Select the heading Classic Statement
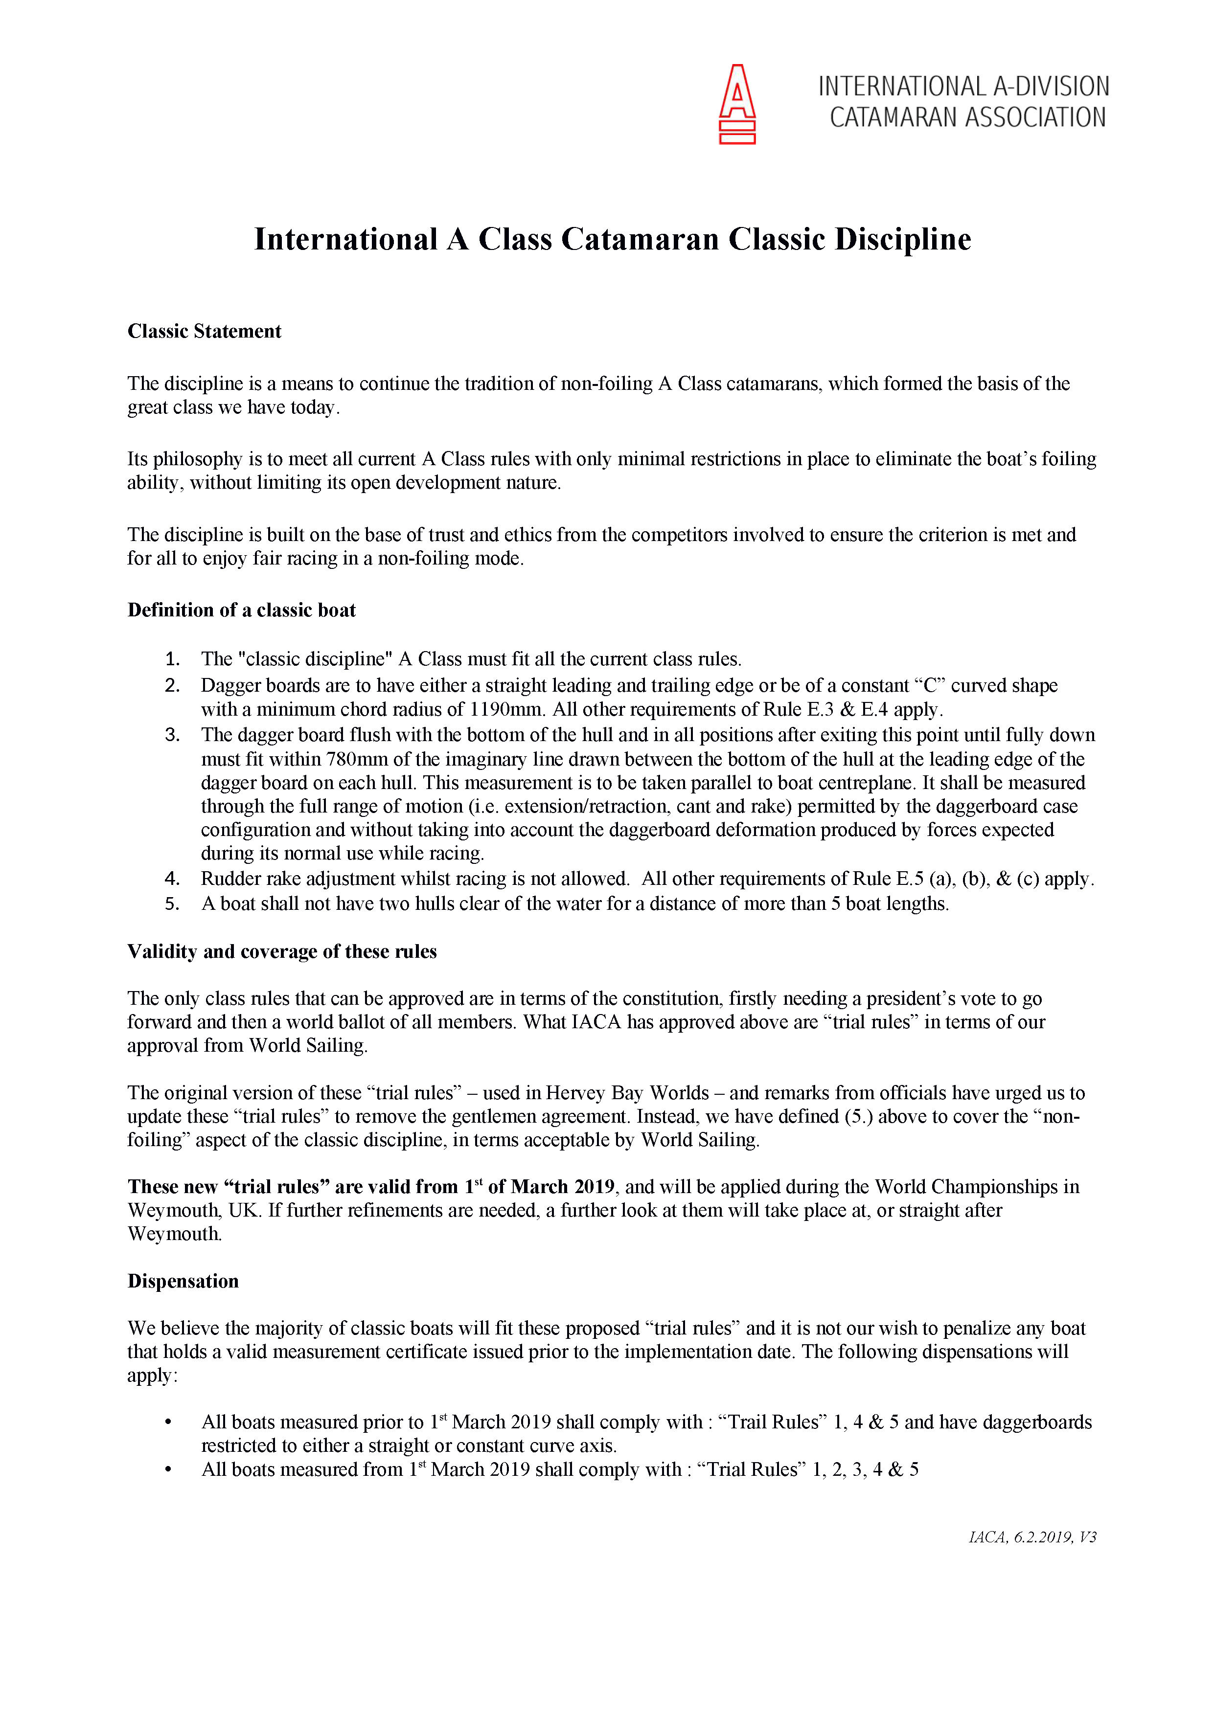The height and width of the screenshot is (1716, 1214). click(x=204, y=331)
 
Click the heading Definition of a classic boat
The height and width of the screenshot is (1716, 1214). click(x=241, y=610)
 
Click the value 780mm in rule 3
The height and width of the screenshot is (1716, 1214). click(x=354, y=759)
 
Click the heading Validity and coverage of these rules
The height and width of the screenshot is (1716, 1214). click(x=282, y=951)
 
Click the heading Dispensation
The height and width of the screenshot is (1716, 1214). click(x=183, y=1281)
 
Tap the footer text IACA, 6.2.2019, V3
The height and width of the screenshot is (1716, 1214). click(x=1031, y=1537)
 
